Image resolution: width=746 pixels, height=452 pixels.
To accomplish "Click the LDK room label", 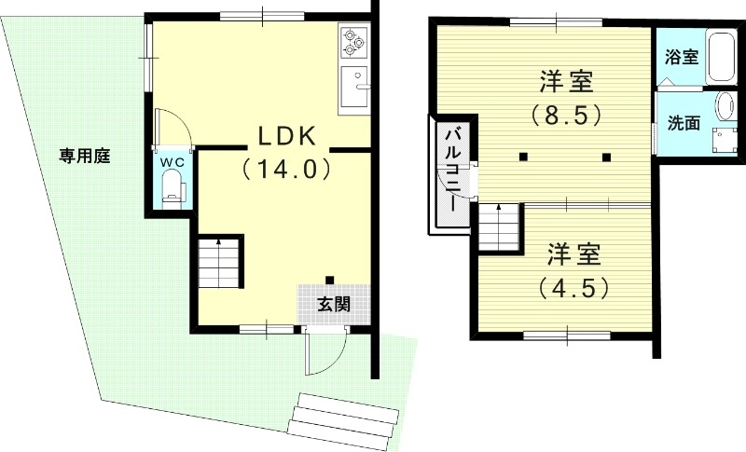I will [x=286, y=137].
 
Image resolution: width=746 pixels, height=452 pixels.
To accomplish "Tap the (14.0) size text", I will [x=286, y=170].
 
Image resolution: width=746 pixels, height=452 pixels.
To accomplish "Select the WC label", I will [x=173, y=161].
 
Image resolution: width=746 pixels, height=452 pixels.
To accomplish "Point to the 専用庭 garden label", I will [x=85, y=156].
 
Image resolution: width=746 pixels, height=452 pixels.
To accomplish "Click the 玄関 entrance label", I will [x=334, y=303].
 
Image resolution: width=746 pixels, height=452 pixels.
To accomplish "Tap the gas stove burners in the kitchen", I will [x=354, y=39].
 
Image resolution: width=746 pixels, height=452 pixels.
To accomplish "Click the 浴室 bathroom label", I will [x=681, y=57].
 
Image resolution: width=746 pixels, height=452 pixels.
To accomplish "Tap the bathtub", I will [x=720, y=57].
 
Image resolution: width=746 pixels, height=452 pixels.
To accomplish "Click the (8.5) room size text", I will [x=566, y=116].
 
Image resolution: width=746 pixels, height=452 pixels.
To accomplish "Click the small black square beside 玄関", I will [x=330, y=279].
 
